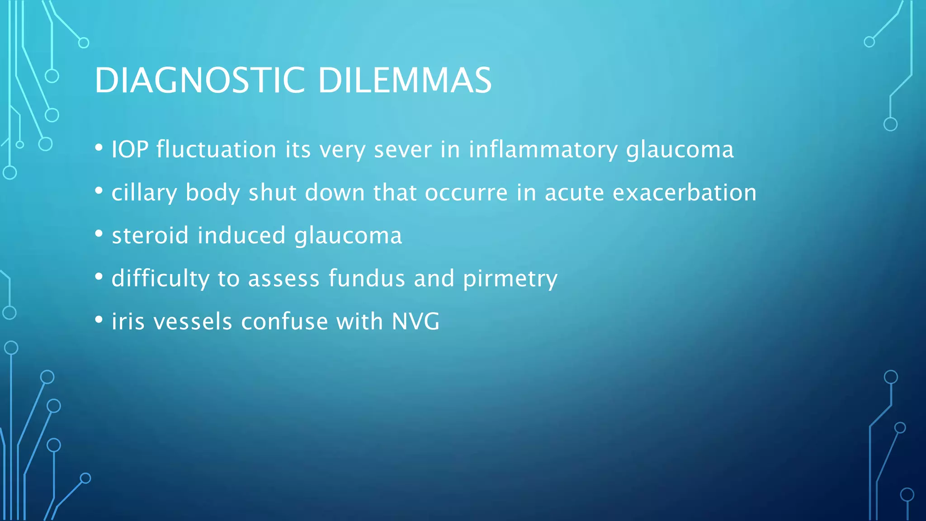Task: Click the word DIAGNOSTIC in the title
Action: tap(199, 81)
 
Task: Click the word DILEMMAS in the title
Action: tap(405, 81)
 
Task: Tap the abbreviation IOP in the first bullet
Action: tap(130, 150)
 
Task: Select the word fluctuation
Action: tap(216, 150)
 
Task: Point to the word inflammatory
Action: tap(543, 150)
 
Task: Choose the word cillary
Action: tap(144, 193)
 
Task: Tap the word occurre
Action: tap(466, 193)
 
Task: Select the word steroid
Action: tap(150, 236)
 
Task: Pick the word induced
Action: tap(241, 236)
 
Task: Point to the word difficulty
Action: tap(160, 279)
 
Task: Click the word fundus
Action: tap(367, 279)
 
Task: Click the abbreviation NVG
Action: tap(416, 322)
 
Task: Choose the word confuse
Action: tap(284, 322)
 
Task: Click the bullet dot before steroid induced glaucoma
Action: tap(99, 234)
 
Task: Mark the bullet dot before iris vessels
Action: tap(99, 320)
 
